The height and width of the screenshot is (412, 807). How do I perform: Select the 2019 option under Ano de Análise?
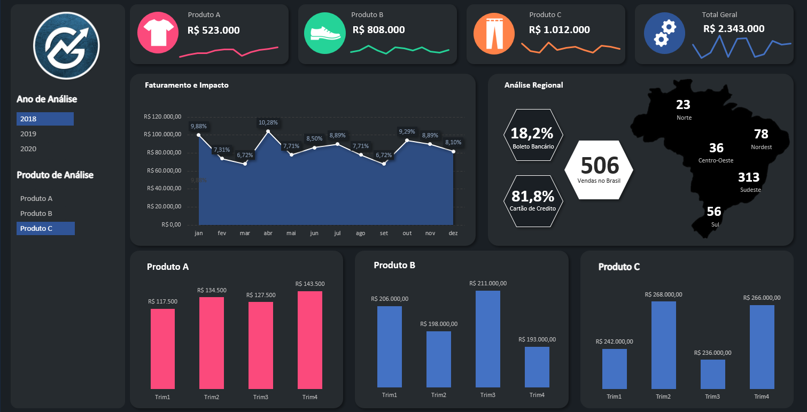point(28,134)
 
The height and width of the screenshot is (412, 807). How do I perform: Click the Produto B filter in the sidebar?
point(36,213)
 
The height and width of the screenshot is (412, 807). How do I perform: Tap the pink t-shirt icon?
point(158,34)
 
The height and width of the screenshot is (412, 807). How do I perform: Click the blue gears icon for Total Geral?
point(664,34)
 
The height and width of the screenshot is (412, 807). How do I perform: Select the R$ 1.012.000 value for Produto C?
point(559,30)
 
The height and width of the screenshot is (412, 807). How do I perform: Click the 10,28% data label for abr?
point(268,122)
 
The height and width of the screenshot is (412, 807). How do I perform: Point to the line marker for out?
point(407,141)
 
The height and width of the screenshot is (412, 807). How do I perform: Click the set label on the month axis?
point(384,234)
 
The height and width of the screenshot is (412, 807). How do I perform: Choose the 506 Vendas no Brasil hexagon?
point(599,169)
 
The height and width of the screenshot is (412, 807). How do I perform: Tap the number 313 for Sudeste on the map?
point(749,177)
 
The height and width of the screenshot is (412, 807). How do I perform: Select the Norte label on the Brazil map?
point(684,118)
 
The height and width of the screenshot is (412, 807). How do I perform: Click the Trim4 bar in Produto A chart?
point(310,340)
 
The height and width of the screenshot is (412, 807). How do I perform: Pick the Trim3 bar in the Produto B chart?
point(488,339)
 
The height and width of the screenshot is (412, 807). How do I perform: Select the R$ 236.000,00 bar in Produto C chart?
point(713,374)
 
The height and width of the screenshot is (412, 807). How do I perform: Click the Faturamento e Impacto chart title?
point(187,85)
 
